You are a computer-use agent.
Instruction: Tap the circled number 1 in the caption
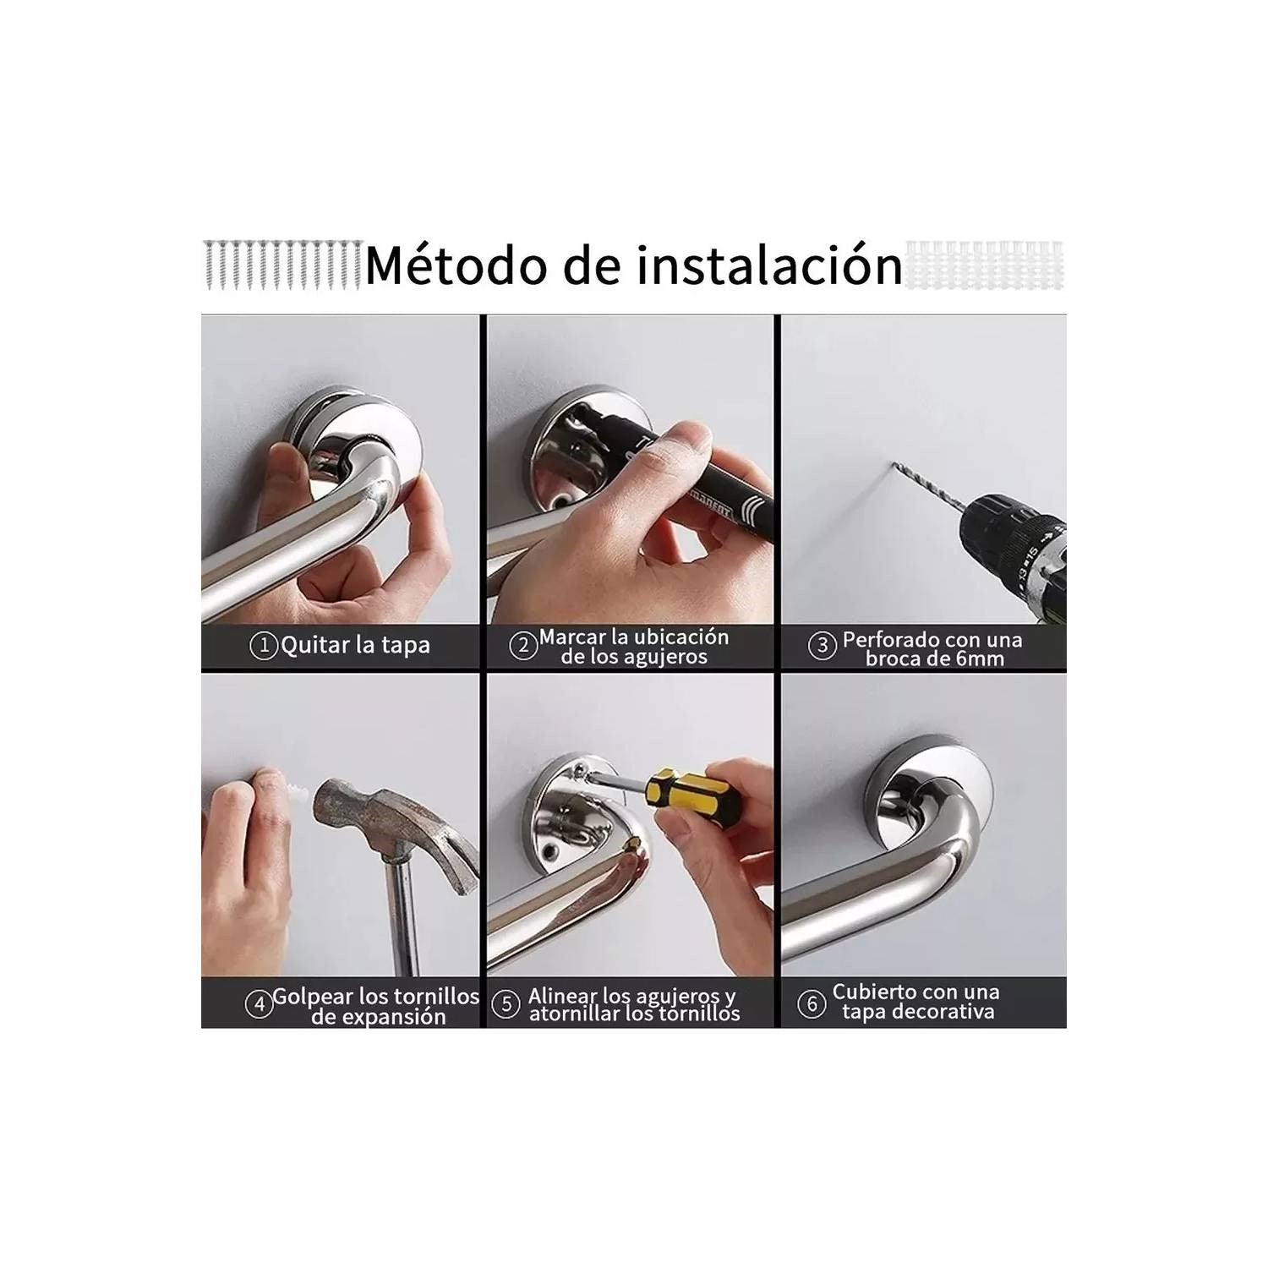click(x=264, y=646)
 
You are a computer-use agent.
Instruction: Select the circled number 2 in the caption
click(x=523, y=647)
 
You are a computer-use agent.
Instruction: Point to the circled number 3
click(x=821, y=647)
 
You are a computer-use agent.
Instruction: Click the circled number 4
click(x=258, y=1003)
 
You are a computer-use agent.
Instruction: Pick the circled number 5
click(x=506, y=1004)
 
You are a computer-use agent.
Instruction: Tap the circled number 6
click(x=811, y=1003)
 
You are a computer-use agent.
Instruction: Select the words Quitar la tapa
click(x=355, y=646)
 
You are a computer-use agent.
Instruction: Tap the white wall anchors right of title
click(x=985, y=265)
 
